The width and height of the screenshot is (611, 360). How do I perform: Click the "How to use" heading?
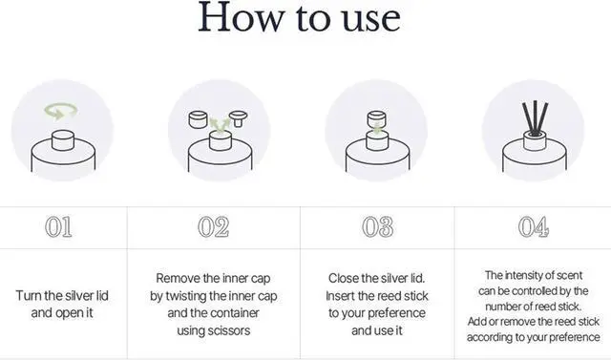(299, 17)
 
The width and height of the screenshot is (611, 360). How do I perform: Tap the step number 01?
(58, 226)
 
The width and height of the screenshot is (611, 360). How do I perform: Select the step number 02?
(213, 226)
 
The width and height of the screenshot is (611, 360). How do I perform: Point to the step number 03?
(378, 226)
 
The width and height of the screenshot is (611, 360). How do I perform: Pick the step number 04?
(534, 226)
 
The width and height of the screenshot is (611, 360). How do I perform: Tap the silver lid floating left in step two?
(198, 119)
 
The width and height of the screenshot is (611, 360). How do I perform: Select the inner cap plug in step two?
(238, 118)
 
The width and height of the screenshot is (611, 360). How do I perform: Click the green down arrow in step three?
(377, 128)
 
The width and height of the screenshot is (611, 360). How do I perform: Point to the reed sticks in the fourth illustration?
(535, 118)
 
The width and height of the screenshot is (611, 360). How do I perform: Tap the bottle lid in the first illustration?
(63, 140)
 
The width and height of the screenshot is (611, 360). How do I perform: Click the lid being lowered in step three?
(377, 118)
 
